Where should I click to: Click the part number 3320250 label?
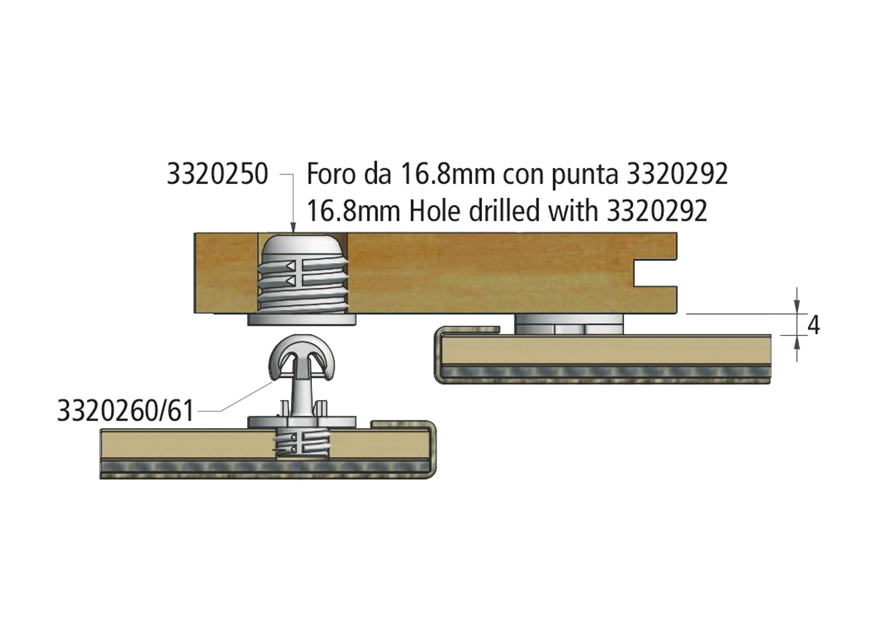coord(217,174)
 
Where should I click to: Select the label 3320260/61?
coord(125,411)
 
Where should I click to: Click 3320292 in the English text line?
coord(657,211)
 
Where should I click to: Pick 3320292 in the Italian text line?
coord(677,174)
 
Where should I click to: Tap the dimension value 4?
coord(813,326)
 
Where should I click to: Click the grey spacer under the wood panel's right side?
coord(569,325)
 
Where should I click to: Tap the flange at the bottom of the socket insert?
coord(302,320)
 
